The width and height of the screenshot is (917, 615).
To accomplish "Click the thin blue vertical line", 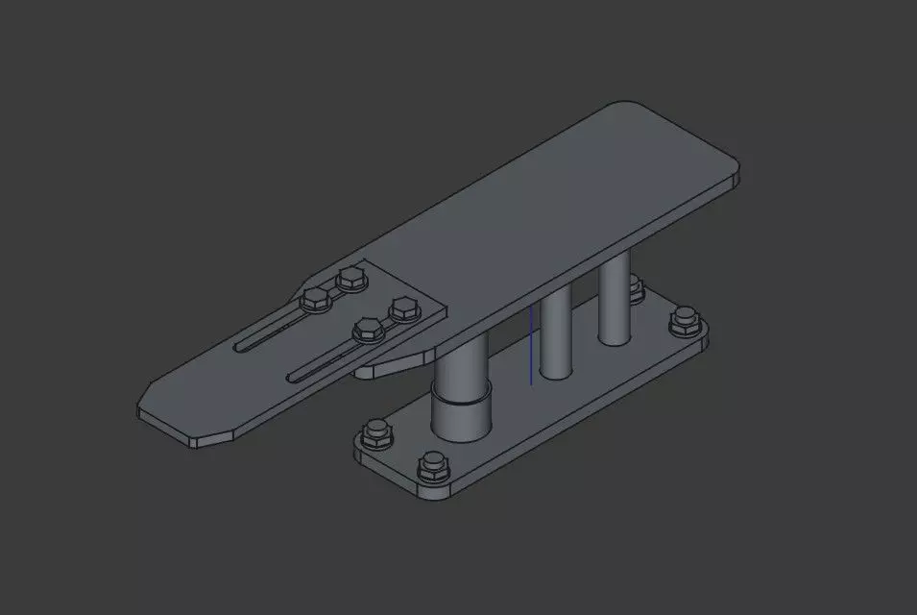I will pyautogui.click(x=531, y=346).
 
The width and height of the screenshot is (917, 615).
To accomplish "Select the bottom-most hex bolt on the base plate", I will pyautogui.click(x=434, y=468).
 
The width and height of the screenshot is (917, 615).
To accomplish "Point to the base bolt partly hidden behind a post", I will pyautogui.click(x=635, y=288).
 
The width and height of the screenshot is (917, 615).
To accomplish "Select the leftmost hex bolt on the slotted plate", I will pyautogui.click(x=315, y=300).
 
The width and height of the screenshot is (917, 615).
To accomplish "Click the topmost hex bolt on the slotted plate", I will pyautogui.click(x=351, y=280).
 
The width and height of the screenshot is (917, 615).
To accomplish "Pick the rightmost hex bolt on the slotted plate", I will pyautogui.click(x=403, y=309).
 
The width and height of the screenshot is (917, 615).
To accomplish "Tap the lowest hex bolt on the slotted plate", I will pyautogui.click(x=366, y=332).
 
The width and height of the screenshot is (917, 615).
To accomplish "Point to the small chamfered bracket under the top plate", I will pyautogui.click(x=394, y=362).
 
